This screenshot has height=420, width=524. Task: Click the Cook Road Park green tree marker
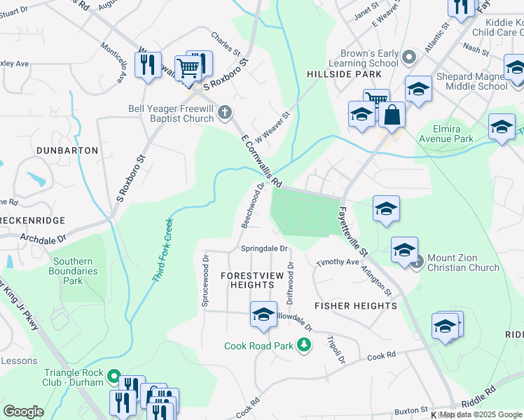tap(304, 345)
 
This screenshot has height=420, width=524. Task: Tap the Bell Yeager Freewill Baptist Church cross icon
tap(225, 113)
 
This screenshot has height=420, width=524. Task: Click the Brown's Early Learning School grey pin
tap(410, 55)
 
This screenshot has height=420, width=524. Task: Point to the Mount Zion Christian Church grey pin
tap(418, 262)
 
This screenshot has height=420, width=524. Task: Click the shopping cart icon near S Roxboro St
tap(188, 68)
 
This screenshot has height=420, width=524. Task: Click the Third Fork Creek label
tap(162, 251)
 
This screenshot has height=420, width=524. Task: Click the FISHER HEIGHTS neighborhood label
tap(356, 306)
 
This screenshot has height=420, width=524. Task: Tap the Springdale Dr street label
tap(264, 248)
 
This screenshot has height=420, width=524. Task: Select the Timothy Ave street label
tap(337, 262)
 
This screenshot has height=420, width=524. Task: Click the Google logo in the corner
tap(23, 412)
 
